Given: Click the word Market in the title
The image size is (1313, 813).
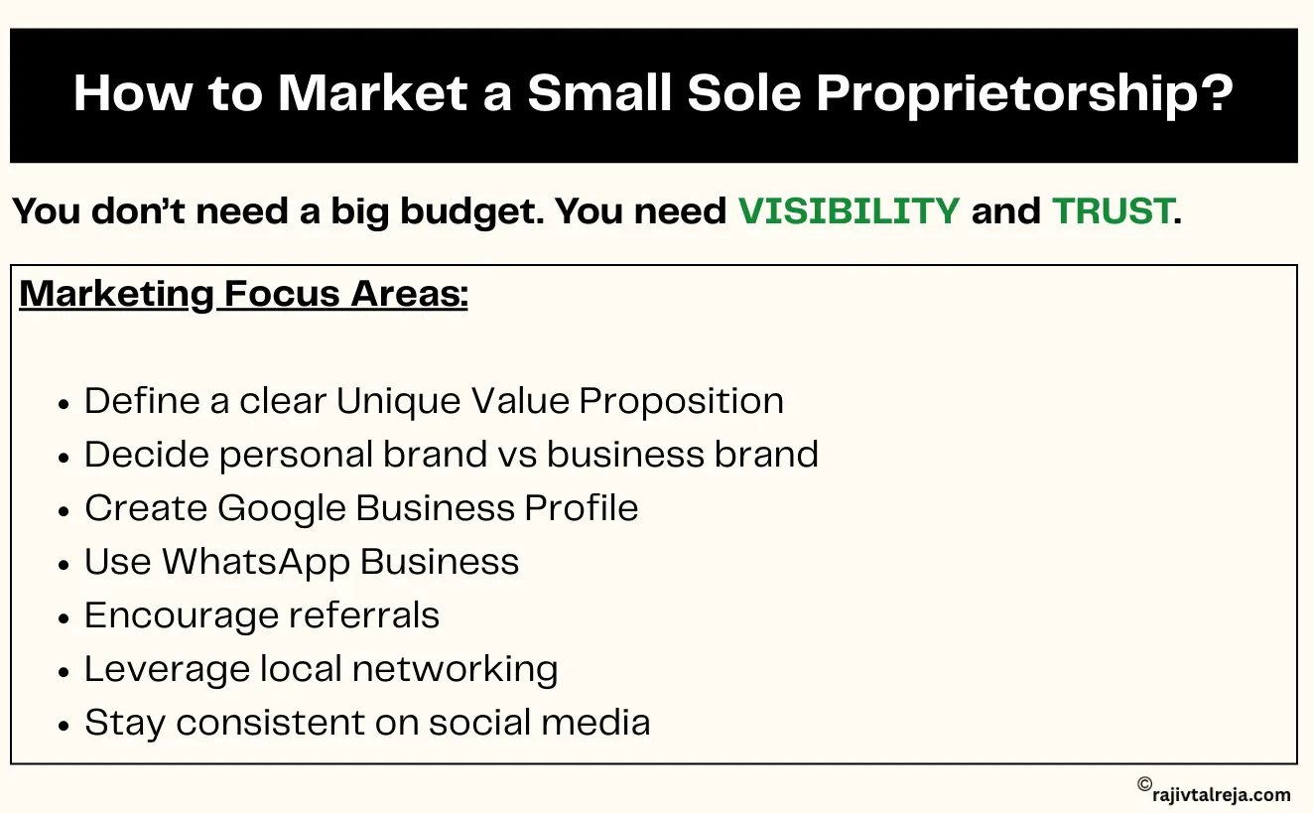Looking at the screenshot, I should point(372,93).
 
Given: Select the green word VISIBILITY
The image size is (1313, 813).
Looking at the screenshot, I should point(849,211).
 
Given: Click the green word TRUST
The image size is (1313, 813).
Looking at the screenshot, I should point(1112,211).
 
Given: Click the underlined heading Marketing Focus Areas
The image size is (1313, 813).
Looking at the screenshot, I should point(243,294).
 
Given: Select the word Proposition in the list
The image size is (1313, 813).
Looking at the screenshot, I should point(682,401).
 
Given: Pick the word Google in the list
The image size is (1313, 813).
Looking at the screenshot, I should point(282,508).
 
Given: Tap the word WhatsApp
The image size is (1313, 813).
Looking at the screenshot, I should point(255,562).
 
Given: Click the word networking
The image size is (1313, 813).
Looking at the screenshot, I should point(455,669).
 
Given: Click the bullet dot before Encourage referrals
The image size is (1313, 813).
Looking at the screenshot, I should point(65,617).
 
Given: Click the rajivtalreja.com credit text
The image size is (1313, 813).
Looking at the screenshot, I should point(1223,794).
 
